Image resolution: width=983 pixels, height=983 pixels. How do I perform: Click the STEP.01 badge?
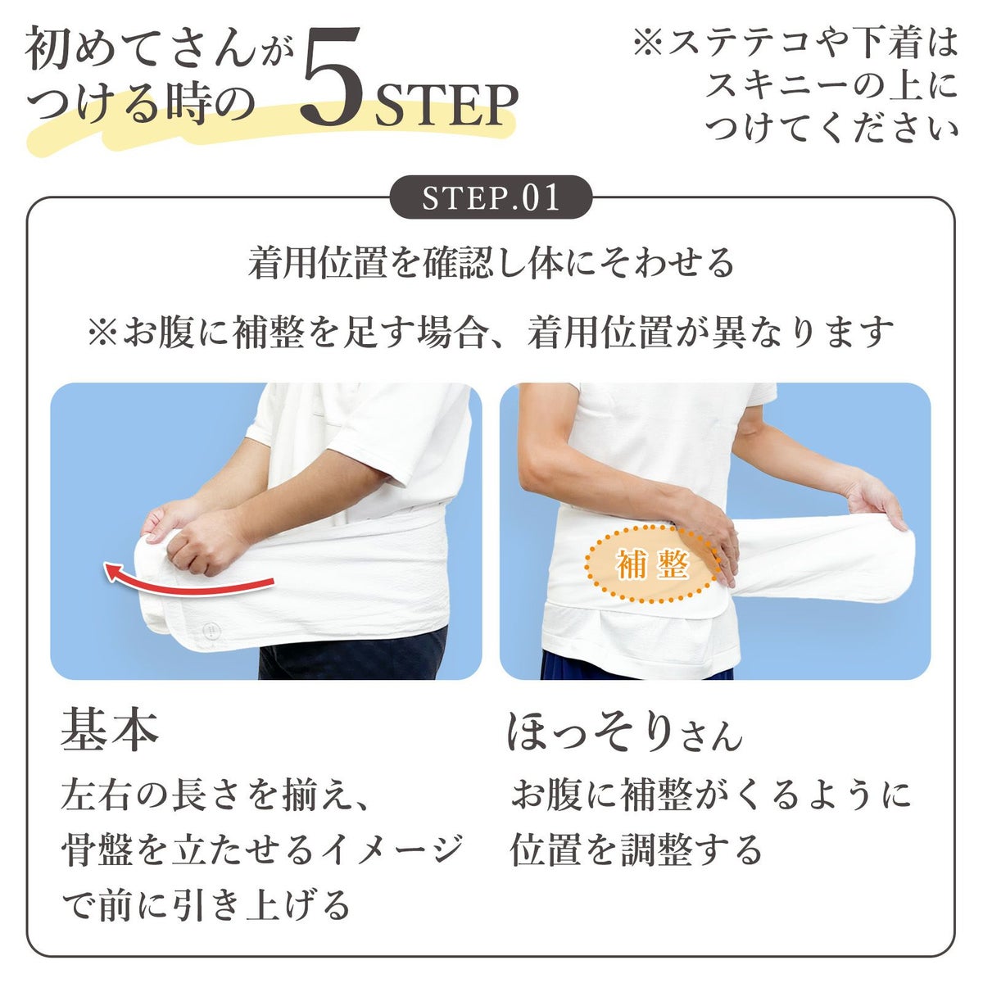click(491, 197)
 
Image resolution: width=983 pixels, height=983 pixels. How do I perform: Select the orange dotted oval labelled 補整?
click(652, 564)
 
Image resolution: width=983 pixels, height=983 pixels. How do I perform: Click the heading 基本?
click(110, 732)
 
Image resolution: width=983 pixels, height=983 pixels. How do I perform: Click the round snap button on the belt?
click(211, 631)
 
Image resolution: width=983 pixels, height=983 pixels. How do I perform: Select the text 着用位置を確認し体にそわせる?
click(491, 264)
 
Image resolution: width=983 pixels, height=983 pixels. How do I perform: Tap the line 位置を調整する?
click(636, 850)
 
